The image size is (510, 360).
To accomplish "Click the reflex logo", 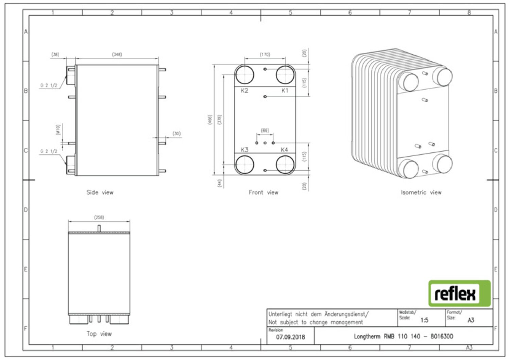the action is pyautogui.click(x=459, y=293).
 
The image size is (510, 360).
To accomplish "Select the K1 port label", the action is pyautogui.click(x=285, y=91).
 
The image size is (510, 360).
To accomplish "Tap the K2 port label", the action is pyautogui.click(x=244, y=91).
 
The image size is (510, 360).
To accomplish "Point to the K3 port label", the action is pyautogui.click(x=244, y=150).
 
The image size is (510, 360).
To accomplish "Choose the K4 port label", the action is pyautogui.click(x=284, y=150).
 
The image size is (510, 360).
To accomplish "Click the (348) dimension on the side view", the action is pyautogui.click(x=117, y=54).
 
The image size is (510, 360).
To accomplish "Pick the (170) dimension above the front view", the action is pyautogui.click(x=265, y=55).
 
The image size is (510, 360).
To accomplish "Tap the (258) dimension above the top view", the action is pyautogui.click(x=99, y=217).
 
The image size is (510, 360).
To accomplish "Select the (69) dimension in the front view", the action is pyautogui.click(x=265, y=131).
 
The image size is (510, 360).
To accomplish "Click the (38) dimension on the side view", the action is pyautogui.click(x=55, y=54).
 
